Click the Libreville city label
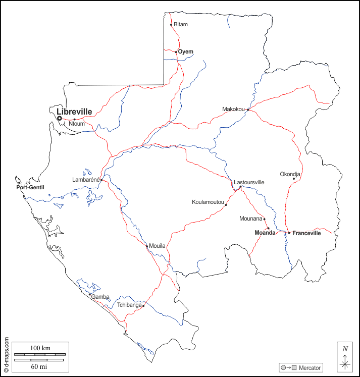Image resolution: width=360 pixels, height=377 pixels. click(x=74, y=112)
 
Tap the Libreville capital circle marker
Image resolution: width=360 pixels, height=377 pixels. click(x=60, y=119)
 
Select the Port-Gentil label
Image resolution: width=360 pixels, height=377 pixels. click(x=30, y=188)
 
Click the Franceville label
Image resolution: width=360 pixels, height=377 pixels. click(x=306, y=233)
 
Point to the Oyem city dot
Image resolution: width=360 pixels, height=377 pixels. click(x=176, y=52)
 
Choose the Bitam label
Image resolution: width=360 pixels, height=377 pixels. click(x=180, y=24)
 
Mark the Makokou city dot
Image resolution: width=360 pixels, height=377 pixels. click(x=248, y=110)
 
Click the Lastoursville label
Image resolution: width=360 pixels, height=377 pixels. click(x=249, y=182)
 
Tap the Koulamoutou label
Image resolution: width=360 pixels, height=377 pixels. click(x=208, y=202)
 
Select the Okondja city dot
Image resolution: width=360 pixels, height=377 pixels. click(x=294, y=178)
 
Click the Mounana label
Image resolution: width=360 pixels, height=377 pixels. click(x=251, y=219)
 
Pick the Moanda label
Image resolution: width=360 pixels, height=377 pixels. click(x=265, y=233)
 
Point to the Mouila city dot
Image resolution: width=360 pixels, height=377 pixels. click(x=147, y=246)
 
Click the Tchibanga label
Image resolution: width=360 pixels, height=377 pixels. click(x=129, y=305)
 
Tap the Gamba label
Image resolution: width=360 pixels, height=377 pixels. click(x=100, y=297)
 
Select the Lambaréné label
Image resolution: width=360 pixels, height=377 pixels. click(x=86, y=179)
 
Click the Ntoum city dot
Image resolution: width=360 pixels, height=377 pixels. click(x=74, y=120)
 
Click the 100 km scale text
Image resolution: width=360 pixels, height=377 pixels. click(x=40, y=348)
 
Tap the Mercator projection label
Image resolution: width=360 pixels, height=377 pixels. click(x=310, y=367)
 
